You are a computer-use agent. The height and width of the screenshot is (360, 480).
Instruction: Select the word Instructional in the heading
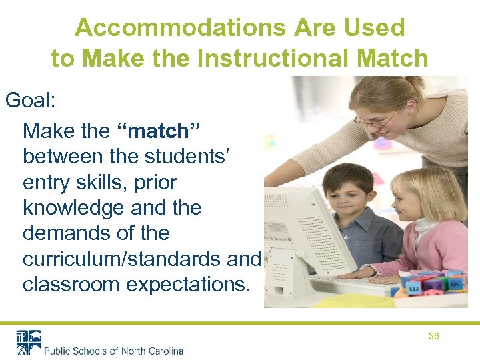coord(279,59)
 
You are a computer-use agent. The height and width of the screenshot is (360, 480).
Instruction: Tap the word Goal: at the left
coord(31,101)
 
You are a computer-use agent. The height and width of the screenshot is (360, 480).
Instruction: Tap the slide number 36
coord(433,337)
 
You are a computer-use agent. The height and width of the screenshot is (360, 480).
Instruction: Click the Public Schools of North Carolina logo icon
coord(29,342)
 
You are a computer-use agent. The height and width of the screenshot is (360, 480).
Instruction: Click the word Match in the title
coord(392,59)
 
